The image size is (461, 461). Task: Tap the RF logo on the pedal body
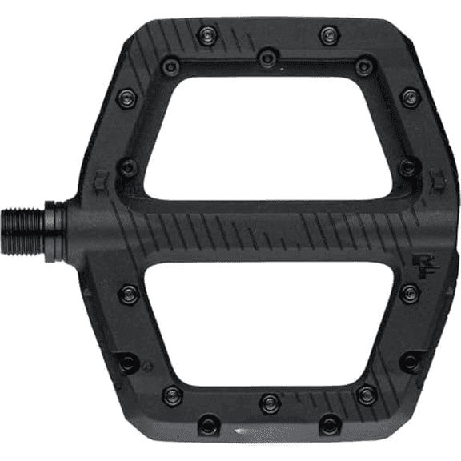click(x=420, y=263)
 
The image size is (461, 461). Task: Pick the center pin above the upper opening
click(x=267, y=57)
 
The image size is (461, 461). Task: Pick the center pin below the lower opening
click(x=269, y=397)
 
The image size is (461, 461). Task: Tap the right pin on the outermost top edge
click(x=328, y=34)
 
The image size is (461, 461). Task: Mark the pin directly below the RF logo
click(x=409, y=292)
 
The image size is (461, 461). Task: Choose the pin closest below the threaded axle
click(x=127, y=292)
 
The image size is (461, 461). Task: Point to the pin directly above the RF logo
click(x=407, y=167)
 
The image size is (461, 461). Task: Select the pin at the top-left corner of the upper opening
click(x=170, y=67)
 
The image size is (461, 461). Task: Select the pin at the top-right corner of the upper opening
click(x=364, y=67)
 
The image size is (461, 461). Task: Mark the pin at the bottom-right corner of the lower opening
click(x=366, y=395)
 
